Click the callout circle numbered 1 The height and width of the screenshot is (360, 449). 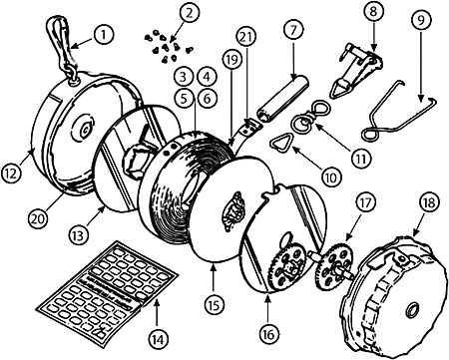point(104,35)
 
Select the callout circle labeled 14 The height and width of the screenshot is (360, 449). point(158,339)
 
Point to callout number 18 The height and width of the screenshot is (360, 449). point(430,202)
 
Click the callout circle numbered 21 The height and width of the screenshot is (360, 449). point(246,37)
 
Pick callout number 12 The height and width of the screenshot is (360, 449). point(11,174)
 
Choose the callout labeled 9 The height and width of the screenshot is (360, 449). point(421,21)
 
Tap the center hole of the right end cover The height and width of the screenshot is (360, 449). point(413,308)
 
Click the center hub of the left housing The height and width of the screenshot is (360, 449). point(84,129)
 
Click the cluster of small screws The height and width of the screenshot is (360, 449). point(167,47)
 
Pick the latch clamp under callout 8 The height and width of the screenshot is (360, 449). point(354,71)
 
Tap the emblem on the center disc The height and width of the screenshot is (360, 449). point(233,211)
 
